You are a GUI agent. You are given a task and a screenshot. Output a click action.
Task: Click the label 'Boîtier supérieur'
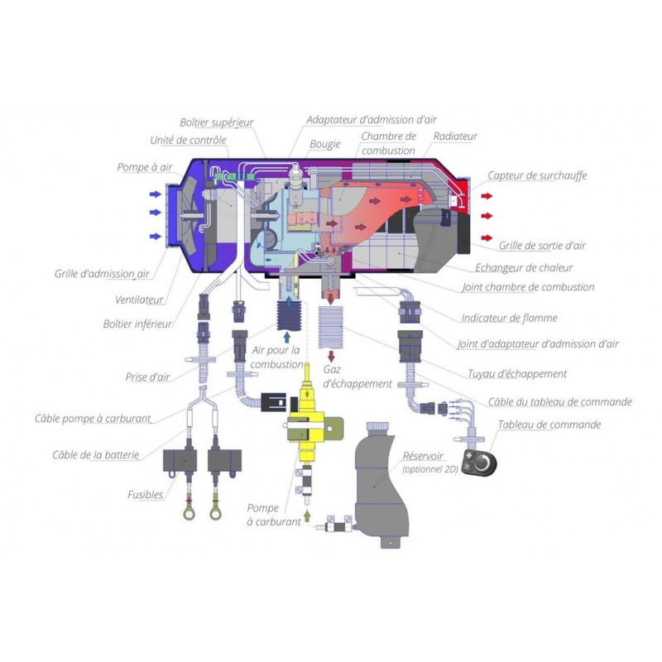216,122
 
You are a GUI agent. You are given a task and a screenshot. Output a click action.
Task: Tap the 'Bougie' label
324,144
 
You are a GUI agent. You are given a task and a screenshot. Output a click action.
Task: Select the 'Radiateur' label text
455,137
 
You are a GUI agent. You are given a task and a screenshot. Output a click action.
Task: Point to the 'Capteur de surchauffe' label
537,175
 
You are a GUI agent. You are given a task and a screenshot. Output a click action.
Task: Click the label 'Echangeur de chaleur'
524,267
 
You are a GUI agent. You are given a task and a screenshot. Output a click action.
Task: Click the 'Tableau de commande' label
549,425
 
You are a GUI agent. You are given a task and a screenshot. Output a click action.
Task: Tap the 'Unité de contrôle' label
188,141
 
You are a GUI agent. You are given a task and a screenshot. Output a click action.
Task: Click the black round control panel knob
479,464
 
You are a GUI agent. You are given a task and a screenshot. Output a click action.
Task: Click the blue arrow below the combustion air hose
287,337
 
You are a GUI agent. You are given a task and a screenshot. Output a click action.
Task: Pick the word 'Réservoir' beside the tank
422,456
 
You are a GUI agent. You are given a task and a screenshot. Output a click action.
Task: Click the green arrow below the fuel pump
308,516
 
